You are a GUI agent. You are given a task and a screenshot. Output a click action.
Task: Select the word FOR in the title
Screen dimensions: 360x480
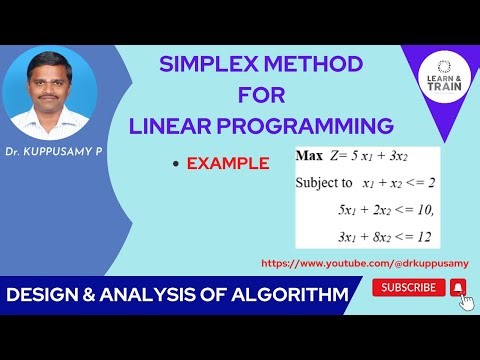coord(263,97)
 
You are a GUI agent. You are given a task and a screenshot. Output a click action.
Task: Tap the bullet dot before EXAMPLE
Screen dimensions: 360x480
coord(177,164)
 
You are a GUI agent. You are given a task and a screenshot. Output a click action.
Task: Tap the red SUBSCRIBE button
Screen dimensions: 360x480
coord(409,288)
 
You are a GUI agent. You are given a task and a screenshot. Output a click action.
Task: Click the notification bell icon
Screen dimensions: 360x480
coord(458,288)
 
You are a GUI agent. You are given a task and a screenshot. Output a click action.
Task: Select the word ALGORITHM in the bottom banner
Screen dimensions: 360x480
coord(294,295)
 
